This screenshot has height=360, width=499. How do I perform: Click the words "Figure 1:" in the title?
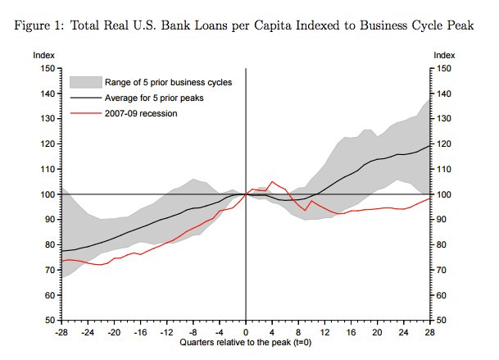tap(39, 25)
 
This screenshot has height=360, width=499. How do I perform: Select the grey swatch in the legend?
tap(85, 82)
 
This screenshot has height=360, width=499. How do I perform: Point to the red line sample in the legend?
tap(85, 113)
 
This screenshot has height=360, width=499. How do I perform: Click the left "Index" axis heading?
tap(43, 55)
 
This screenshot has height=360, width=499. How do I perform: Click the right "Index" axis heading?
tap(443, 55)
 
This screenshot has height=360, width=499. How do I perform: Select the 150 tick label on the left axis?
tap(47, 69)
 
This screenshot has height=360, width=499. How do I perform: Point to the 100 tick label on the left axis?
tap(47, 194)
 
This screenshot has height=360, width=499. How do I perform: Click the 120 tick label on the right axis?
tap(443, 144)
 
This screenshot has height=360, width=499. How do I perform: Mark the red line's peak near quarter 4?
tap(273, 181)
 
